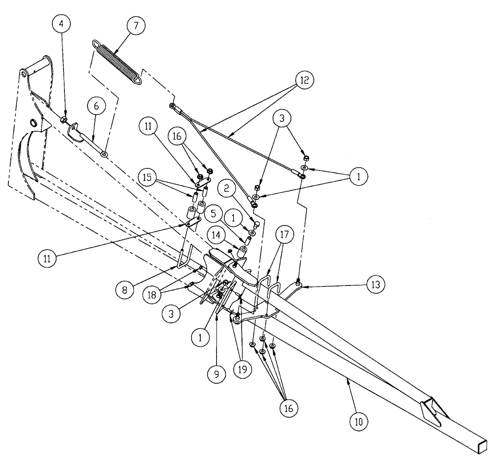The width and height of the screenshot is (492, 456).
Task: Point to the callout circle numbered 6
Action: click(x=96, y=105)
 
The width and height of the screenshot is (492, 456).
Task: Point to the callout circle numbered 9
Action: click(x=217, y=374)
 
